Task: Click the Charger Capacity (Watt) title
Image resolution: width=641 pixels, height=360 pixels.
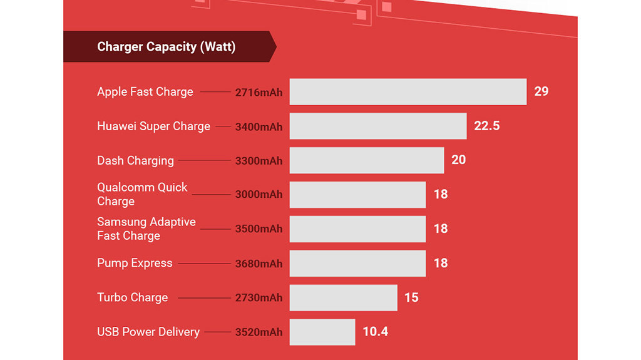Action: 166,47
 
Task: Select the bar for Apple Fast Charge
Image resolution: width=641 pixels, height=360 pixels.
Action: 408,91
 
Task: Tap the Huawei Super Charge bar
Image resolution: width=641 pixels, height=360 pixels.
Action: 377,126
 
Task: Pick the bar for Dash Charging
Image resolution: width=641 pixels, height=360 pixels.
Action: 366,160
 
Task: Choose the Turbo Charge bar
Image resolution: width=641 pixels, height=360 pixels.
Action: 343,297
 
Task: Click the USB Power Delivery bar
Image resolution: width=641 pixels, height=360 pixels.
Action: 322,332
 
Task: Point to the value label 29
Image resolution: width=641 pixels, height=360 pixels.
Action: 541,91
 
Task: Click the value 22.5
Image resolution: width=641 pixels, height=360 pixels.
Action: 486,126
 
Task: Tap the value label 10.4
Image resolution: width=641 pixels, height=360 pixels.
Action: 375,332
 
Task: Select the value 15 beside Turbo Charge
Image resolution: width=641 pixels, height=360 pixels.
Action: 411,297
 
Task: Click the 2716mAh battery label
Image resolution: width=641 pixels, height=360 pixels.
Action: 259,93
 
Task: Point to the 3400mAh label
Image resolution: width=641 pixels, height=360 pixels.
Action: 259,127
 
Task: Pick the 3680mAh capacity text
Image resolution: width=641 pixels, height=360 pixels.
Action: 259,264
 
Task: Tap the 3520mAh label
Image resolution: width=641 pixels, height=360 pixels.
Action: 259,332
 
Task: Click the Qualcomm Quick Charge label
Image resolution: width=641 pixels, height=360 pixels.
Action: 142,194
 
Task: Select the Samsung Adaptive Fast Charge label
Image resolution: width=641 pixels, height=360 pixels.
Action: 146,229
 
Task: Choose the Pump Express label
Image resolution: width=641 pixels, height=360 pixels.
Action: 135,263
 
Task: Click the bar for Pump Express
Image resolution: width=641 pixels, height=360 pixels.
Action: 357,263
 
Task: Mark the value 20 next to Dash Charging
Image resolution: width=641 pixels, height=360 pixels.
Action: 458,160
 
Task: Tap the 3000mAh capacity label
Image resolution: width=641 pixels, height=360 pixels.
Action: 259,195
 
